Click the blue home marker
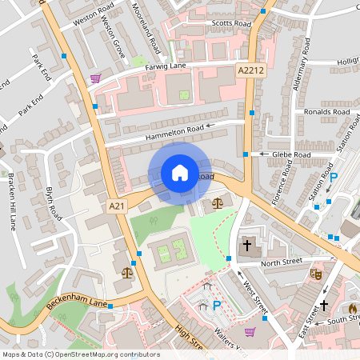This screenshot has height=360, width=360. pos(179,173)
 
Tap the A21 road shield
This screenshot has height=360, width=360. pos(117,206)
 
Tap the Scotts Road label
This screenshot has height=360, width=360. pos(231,24)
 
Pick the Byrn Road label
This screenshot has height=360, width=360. pos(54,204)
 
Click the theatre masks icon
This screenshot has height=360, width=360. pos(316,274)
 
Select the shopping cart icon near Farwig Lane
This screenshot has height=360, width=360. pos(96,78)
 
